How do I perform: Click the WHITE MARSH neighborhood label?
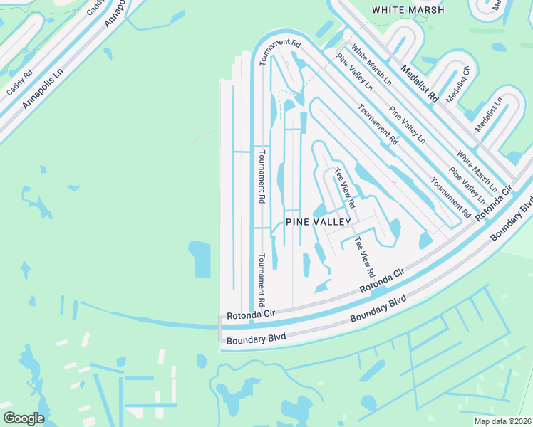pyautogui.click(x=408, y=10)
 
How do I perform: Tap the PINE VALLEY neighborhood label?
pyautogui.click(x=319, y=222)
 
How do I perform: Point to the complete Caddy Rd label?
pyautogui.click(x=19, y=83)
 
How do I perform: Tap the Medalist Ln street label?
pyautogui.click(x=489, y=115)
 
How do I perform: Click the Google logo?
pyautogui.click(x=24, y=418)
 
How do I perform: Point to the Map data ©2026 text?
pyautogui.click(x=503, y=421)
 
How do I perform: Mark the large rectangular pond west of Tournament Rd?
pyautogui.click(x=200, y=259)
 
